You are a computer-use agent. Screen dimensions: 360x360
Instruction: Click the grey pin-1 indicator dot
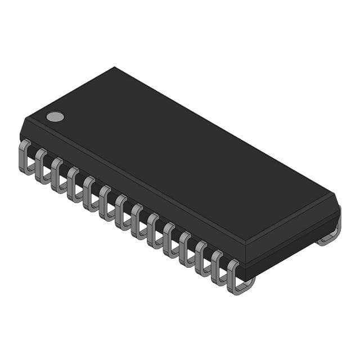tap(55, 116)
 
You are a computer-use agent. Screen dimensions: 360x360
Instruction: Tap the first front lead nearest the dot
tap(25, 157)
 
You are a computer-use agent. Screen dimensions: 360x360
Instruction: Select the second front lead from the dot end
tap(42, 166)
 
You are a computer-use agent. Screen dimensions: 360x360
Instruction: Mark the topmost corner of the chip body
tap(115, 67)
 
